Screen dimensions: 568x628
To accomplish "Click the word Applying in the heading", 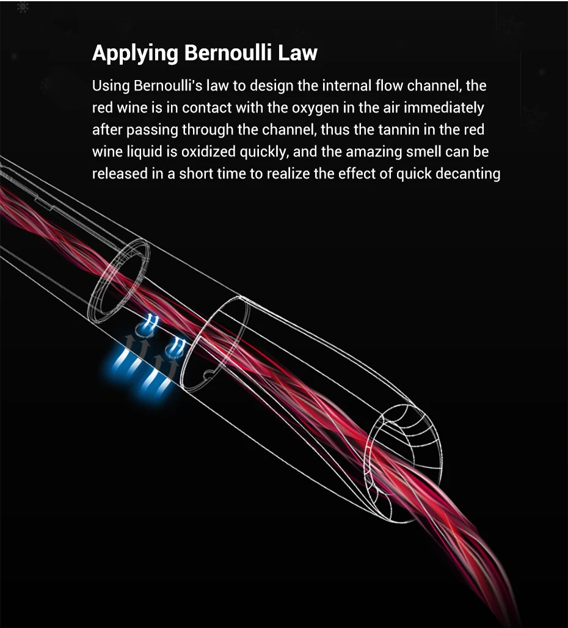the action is (134, 54).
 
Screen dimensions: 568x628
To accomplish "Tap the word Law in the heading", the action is (298, 53).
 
